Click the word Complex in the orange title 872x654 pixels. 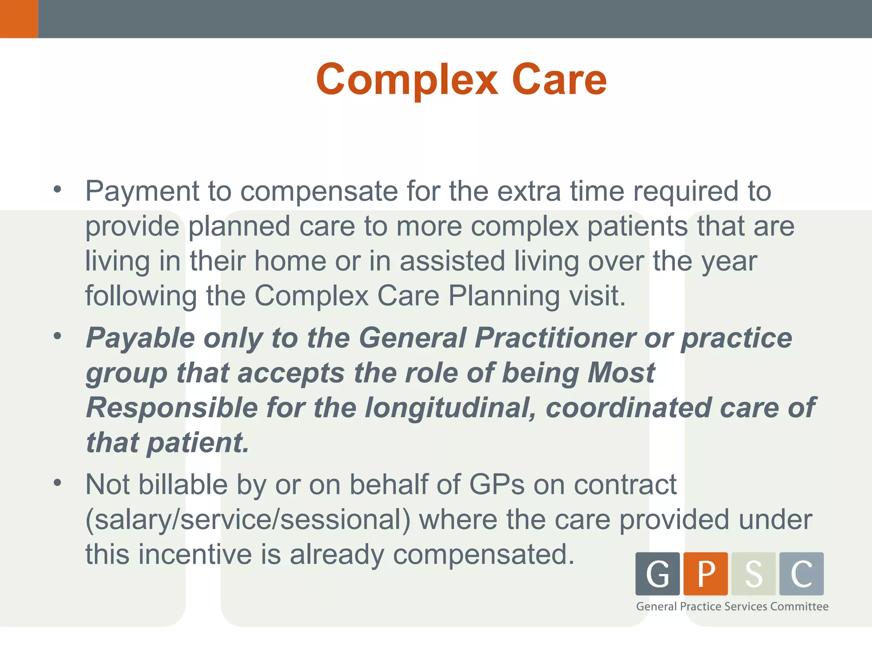click(407, 80)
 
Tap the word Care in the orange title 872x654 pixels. click(559, 80)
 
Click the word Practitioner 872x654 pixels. click(555, 338)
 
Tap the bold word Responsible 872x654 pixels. click(172, 408)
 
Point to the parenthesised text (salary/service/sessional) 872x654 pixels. click(248, 520)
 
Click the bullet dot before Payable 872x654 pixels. click(57, 336)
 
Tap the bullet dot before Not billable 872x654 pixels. click(57, 483)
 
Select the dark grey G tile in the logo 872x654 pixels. click(657, 574)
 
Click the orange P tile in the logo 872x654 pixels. click(706, 574)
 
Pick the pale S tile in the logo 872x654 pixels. click(754, 574)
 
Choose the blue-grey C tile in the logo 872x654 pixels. click(801, 574)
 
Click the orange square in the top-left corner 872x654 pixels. click(19, 19)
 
